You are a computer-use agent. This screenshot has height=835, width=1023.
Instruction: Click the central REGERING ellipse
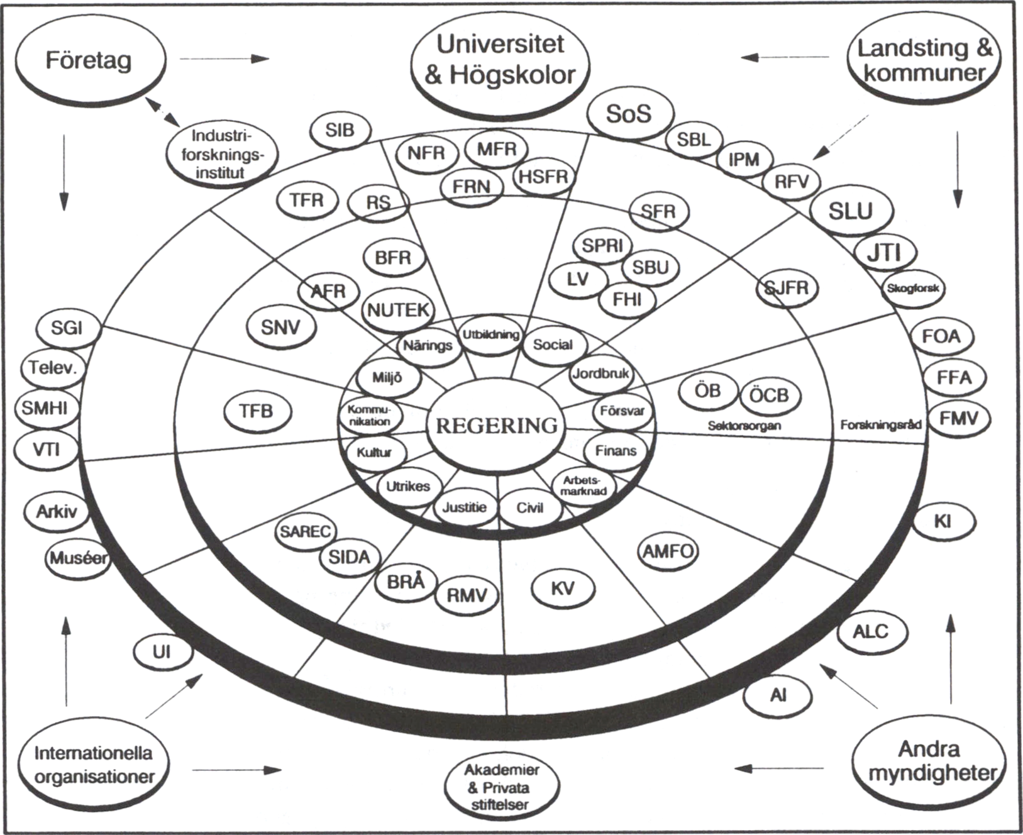coord(496,426)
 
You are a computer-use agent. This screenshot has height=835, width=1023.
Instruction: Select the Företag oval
coord(89,61)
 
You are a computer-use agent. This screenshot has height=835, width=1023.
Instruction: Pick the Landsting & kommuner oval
coord(924,60)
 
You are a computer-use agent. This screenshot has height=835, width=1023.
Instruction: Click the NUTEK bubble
coord(398,310)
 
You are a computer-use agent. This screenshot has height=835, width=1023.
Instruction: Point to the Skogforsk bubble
coord(912,288)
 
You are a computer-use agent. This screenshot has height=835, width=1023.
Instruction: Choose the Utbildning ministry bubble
coord(491,335)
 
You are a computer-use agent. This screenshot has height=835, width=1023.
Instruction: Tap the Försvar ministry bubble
coord(622,411)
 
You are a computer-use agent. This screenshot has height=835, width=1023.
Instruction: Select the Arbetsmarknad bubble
coord(583,485)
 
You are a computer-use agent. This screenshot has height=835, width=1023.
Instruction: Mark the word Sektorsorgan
coord(744,426)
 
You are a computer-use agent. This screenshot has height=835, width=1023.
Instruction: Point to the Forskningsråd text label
coord(880,425)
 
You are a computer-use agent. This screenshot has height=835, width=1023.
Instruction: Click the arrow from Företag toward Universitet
coord(224,59)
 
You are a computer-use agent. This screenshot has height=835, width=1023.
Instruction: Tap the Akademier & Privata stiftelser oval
coord(501,787)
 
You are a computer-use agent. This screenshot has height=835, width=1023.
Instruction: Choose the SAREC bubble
coord(305,531)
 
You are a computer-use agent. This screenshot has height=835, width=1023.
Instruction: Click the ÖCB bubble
coord(768,395)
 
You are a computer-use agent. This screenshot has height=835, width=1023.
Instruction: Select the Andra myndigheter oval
coord(929,761)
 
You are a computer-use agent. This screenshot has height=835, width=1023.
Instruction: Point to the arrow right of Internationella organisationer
coord(236,770)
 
